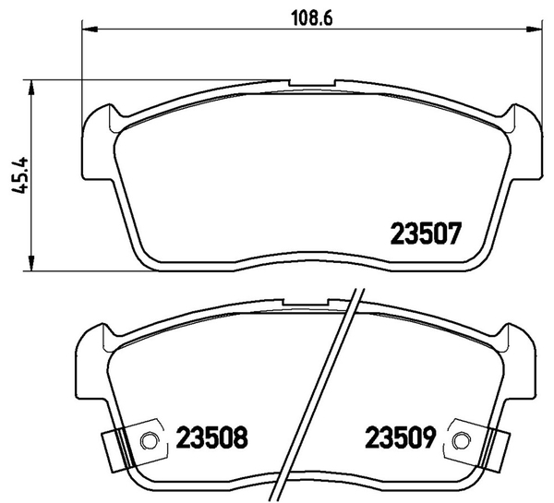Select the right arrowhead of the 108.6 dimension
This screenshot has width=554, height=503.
pos(535,30)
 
